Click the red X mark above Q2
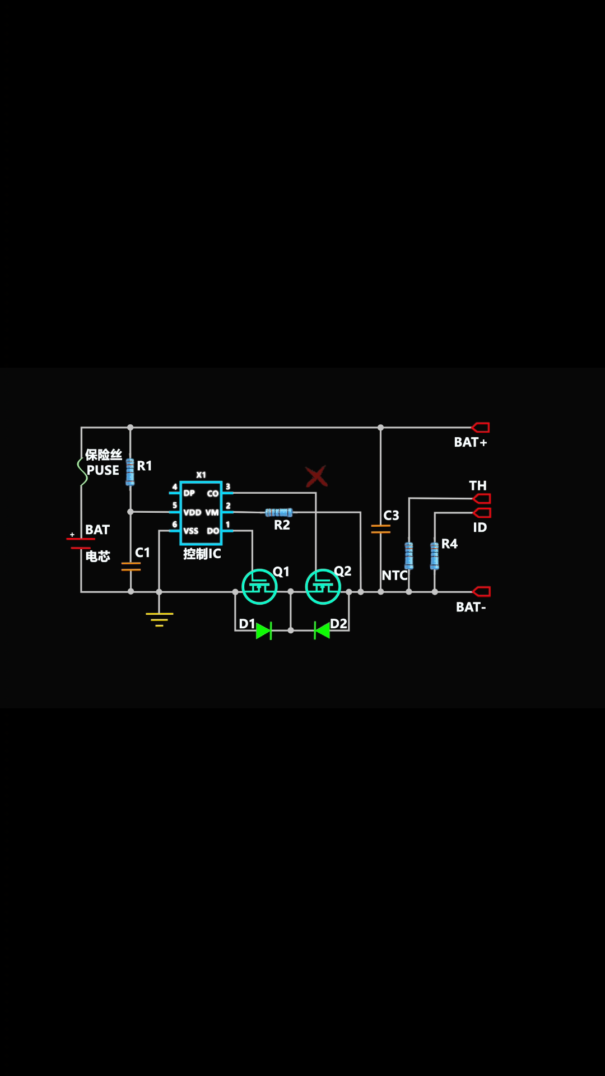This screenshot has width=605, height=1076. click(317, 476)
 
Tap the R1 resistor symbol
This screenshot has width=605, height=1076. click(130, 472)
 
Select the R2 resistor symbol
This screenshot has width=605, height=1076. click(278, 512)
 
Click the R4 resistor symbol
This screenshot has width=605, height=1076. click(435, 555)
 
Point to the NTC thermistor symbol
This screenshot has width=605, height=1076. click(409, 555)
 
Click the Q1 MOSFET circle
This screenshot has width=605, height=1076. click(259, 586)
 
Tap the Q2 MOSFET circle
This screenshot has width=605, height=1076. click(323, 586)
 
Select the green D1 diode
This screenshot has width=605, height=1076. click(264, 630)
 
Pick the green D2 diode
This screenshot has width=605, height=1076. click(322, 630)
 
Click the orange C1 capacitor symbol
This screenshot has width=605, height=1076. click(131, 567)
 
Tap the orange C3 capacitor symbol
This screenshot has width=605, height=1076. click(381, 528)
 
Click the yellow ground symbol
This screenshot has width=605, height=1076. click(160, 619)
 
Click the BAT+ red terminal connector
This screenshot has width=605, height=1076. click(481, 428)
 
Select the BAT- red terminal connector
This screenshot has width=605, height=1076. click(481, 592)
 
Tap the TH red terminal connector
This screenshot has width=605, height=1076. click(481, 498)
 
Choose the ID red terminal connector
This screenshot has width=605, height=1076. click(481, 513)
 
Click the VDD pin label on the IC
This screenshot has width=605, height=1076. click(192, 512)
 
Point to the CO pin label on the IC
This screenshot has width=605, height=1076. click(213, 494)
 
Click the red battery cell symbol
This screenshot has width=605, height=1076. click(81, 543)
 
